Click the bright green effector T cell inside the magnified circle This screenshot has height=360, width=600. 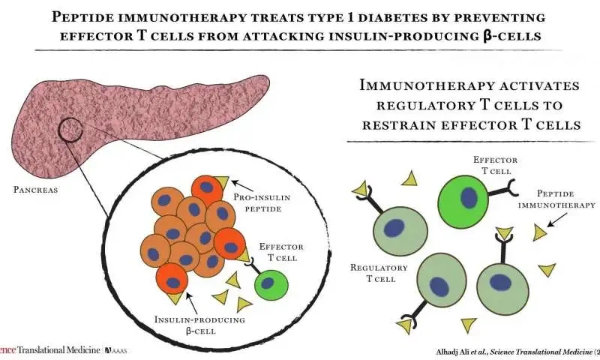click(x=269, y=286)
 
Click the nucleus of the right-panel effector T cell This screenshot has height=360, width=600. click(x=469, y=197)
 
